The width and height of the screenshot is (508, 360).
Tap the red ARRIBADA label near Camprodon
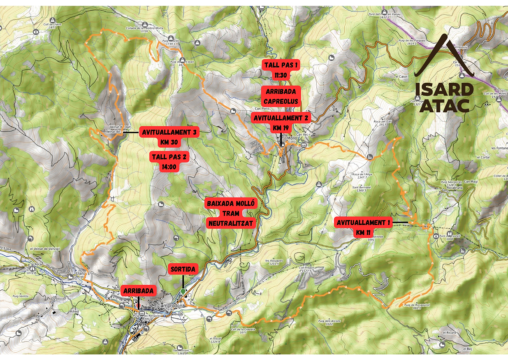138,291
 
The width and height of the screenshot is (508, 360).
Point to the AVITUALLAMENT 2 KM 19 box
281,123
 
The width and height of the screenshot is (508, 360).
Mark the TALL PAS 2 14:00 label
169,162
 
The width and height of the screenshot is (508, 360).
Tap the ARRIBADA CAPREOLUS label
281,96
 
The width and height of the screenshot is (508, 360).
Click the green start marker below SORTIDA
183,291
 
